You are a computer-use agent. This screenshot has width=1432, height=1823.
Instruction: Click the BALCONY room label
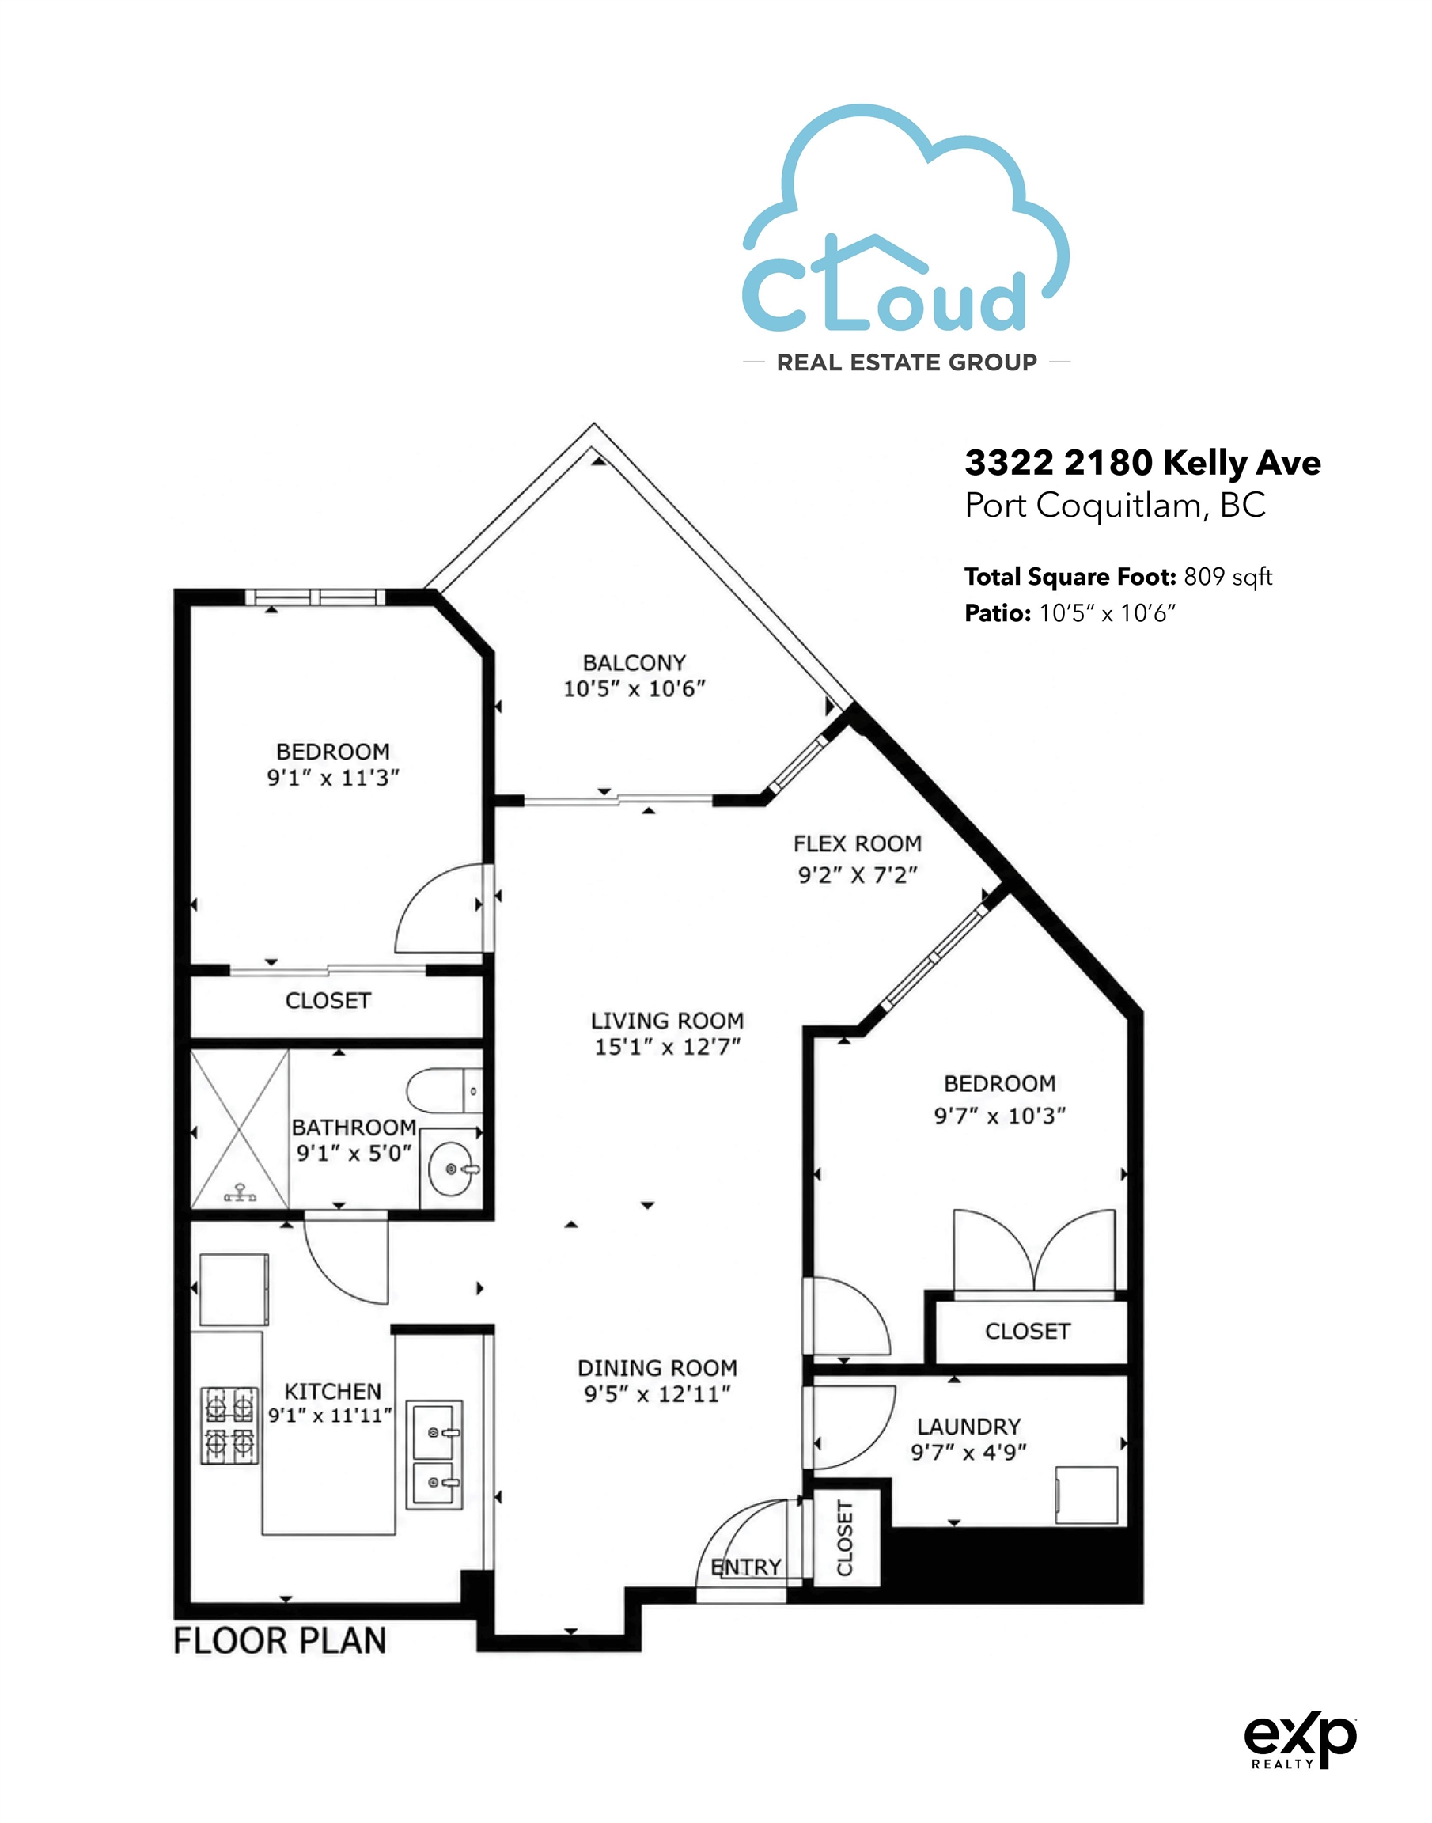click(634, 662)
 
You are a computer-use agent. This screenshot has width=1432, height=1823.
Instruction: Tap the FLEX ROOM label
click(857, 843)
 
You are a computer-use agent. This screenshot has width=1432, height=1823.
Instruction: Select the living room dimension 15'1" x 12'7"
click(668, 1047)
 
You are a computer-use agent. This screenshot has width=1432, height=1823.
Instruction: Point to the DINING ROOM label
click(657, 1368)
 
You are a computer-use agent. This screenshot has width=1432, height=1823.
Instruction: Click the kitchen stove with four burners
click(229, 1426)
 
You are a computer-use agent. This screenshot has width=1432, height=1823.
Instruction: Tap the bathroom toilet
click(445, 1091)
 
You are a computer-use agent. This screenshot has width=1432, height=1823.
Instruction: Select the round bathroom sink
click(451, 1168)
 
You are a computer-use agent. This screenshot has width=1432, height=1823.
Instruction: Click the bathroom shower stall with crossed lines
click(240, 1128)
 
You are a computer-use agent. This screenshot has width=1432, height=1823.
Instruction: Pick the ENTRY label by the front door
click(746, 1567)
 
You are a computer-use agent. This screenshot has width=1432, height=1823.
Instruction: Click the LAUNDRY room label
click(968, 1427)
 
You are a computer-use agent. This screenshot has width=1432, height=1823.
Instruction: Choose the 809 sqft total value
click(1228, 577)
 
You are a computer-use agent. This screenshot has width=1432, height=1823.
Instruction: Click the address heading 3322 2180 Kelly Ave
click(1142, 463)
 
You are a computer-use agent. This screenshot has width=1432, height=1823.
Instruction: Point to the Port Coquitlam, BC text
click(1115, 505)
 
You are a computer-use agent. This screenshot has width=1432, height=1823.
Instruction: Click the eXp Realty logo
click(1300, 1740)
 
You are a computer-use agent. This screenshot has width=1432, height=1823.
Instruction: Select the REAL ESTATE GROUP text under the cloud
click(907, 362)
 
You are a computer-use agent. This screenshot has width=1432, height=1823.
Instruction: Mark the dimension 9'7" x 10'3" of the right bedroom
click(999, 1116)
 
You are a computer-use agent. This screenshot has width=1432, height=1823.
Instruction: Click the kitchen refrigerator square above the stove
click(234, 1290)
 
